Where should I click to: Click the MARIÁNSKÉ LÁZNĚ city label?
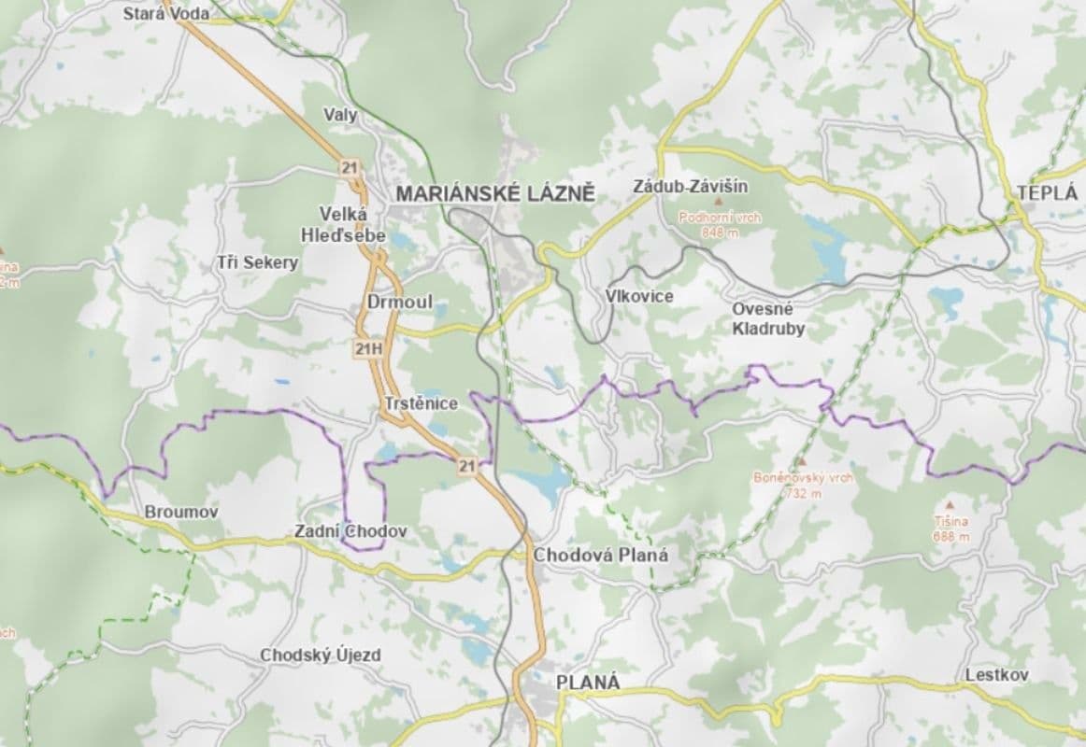click(495, 194)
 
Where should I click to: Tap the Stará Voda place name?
click(166, 14)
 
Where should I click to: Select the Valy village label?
click(340, 115)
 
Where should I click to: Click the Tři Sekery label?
click(257, 262)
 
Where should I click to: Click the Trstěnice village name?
click(421, 403)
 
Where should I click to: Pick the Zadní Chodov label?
click(350, 530)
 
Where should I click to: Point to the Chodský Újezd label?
click(321, 655)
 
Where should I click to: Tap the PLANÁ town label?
click(588, 682)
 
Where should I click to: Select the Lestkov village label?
click(997, 674)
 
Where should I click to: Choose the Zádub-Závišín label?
click(679, 185)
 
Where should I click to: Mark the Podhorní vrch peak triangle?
click(719, 202)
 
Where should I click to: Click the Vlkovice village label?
click(639, 295)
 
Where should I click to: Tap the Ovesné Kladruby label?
click(768, 318)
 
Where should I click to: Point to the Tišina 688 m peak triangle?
click(950, 504)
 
